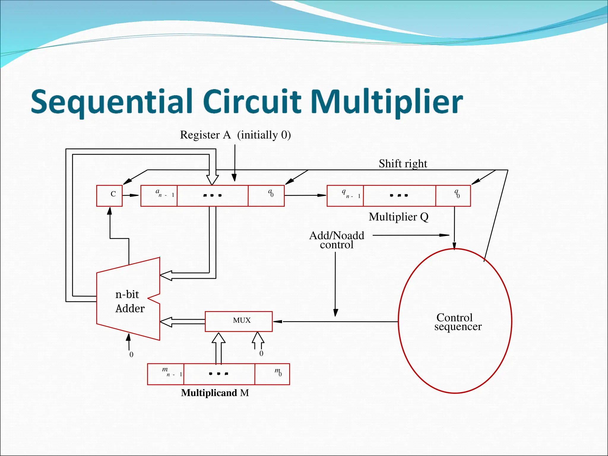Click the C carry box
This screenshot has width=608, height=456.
109,195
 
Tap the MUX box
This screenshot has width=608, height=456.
239,321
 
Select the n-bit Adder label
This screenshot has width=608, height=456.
129,301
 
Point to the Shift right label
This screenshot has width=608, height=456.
403,164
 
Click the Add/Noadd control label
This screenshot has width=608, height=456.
337,240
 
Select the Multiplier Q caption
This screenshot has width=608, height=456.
398,217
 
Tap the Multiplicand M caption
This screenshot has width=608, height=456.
215,393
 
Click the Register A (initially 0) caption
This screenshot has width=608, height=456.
235,135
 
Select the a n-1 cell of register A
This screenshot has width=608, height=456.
159,195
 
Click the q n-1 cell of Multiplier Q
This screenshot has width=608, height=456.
345,195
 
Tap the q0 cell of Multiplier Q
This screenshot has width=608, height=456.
453,195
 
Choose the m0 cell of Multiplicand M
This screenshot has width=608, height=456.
272,374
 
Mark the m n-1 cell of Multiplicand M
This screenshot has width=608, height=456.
166,374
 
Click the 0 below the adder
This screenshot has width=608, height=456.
131,354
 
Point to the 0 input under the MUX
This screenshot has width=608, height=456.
261,353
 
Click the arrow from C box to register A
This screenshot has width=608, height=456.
131,195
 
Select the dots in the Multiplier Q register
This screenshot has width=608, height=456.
399,195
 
